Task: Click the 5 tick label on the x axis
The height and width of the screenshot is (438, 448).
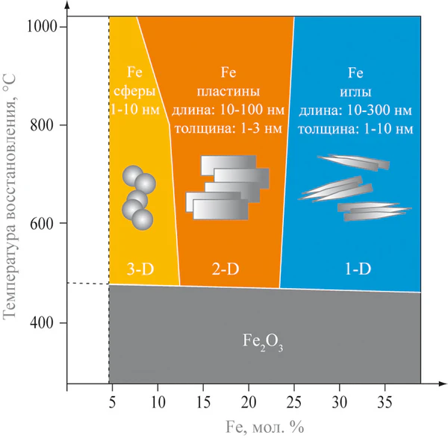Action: (113, 401)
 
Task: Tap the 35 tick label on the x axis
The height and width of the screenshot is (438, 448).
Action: (385, 401)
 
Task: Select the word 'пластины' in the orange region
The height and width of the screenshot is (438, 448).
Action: (228, 92)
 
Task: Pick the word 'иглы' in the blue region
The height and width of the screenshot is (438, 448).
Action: (355, 92)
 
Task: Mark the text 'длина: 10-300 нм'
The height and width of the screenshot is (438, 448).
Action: (355, 110)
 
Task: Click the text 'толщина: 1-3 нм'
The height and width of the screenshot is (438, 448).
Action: (228, 128)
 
